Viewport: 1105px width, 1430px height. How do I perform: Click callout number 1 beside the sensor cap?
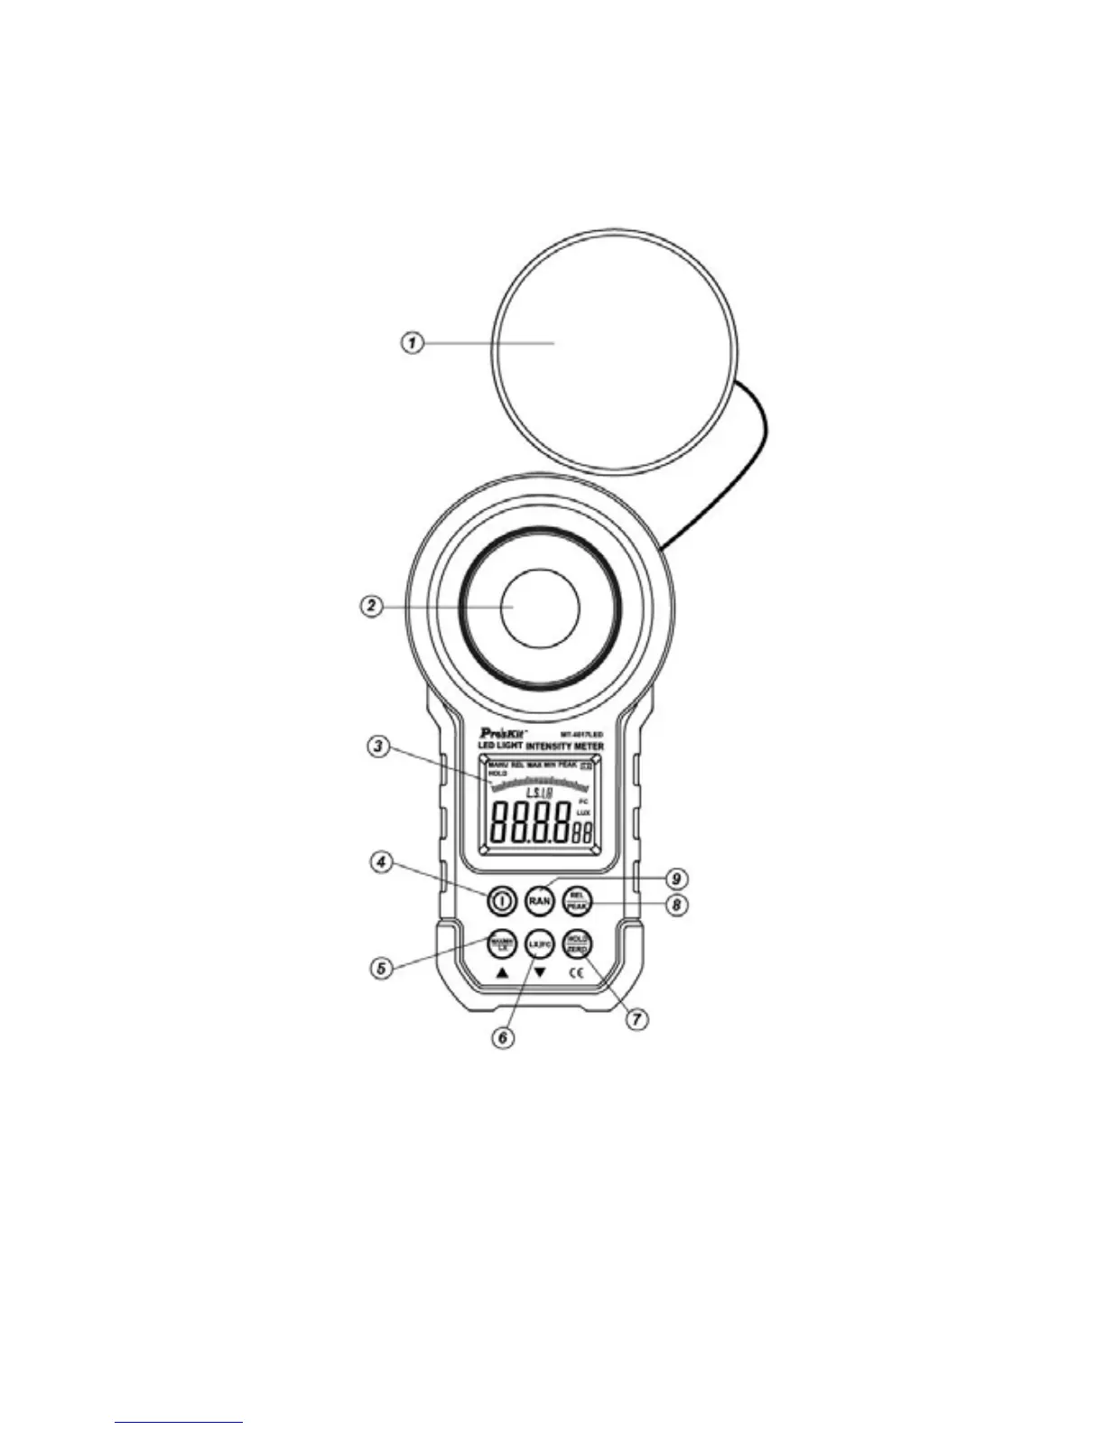pyautogui.click(x=412, y=343)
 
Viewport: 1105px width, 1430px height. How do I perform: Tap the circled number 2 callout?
pyautogui.click(x=371, y=607)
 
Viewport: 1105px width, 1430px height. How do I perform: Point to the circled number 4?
pyautogui.click(x=382, y=862)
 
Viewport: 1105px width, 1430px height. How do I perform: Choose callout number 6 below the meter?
pyautogui.click(x=502, y=1038)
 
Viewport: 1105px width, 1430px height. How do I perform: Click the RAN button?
pyautogui.click(x=539, y=901)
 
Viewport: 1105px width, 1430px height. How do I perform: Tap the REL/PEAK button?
pyautogui.click(x=577, y=900)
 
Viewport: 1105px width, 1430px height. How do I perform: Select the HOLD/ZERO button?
pyautogui.click(x=577, y=944)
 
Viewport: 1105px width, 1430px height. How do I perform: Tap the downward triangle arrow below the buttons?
pyautogui.click(x=540, y=973)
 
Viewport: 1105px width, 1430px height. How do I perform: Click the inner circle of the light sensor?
pyautogui.click(x=540, y=607)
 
